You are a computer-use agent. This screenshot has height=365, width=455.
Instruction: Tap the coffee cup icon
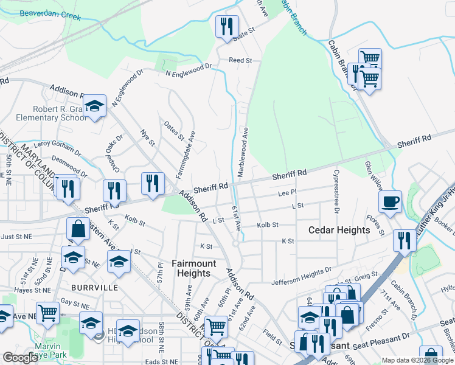click(x=390, y=201)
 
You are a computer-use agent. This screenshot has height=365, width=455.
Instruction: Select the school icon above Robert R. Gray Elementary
click(x=94, y=106)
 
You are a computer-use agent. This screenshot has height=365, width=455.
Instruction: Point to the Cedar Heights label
click(x=339, y=230)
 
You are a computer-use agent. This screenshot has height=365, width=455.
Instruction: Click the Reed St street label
click(x=240, y=60)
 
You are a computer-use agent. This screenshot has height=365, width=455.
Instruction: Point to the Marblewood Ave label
click(x=243, y=152)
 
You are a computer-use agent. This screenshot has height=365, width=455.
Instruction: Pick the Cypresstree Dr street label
click(x=336, y=192)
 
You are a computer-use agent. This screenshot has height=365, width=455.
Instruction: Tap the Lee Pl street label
click(x=287, y=193)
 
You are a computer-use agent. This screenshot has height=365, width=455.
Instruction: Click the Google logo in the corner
click(x=19, y=357)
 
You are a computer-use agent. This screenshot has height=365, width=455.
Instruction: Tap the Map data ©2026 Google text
click(x=417, y=360)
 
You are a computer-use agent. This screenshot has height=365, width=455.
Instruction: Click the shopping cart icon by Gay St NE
click(x=47, y=312)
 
